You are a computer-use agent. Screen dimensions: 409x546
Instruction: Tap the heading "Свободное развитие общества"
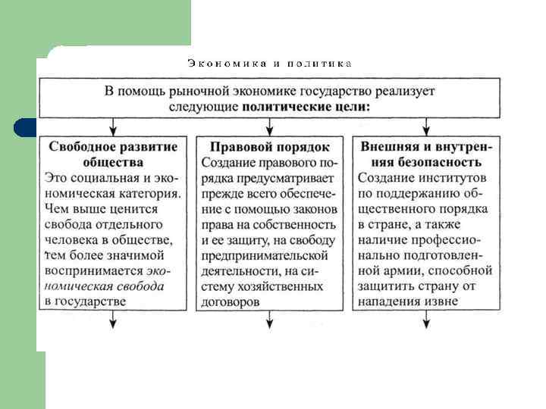[113, 154]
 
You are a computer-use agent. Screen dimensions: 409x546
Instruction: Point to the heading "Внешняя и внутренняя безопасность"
[425, 154]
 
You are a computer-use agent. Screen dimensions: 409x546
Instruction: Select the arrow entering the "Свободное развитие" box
[113, 126]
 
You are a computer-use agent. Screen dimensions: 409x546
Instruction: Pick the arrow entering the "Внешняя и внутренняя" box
[426, 126]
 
